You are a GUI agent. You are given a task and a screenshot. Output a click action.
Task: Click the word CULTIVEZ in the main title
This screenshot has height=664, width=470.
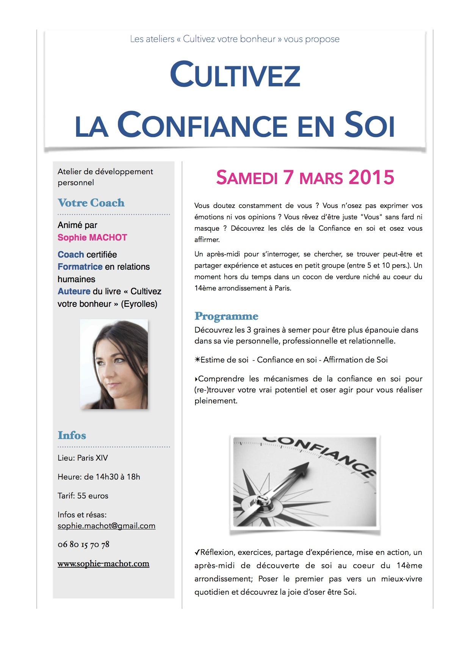coord(235,75)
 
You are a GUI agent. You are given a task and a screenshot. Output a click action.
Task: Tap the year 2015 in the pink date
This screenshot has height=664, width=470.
coord(371,177)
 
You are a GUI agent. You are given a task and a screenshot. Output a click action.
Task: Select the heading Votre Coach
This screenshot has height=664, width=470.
coord(91,203)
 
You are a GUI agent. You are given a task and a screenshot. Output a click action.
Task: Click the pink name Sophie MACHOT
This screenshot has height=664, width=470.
coord(92,237)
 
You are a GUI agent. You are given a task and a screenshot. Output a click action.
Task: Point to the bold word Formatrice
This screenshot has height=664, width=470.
coord(80,267)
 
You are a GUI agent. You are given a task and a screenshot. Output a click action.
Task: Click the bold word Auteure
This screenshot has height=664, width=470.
coord(74,291)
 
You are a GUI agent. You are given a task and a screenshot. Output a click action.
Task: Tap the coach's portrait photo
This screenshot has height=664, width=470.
coord(114,364)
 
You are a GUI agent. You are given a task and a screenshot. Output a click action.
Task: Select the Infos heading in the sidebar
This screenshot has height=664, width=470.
coord(72,435)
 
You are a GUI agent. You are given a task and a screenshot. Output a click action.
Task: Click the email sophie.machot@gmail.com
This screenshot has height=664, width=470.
coord(107,526)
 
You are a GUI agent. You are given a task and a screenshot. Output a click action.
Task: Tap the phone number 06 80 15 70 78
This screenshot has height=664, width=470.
coord(83,544)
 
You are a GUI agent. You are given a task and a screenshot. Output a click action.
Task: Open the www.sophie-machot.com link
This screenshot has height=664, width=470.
coord(103,564)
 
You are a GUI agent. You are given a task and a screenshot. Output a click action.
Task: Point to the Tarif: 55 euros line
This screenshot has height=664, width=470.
coord(83,495)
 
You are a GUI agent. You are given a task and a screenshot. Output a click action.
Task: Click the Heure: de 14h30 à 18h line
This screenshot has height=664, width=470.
coord(99,477)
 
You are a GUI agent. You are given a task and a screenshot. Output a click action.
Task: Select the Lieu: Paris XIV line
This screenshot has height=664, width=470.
coord(83,458)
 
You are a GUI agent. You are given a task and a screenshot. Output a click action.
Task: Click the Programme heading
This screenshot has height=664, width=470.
coord(226,316)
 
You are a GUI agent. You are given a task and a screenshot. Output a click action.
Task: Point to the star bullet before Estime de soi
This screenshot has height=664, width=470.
coord(197,360)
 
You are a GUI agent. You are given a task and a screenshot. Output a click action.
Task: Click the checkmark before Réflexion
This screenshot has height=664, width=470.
coord(197,553)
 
